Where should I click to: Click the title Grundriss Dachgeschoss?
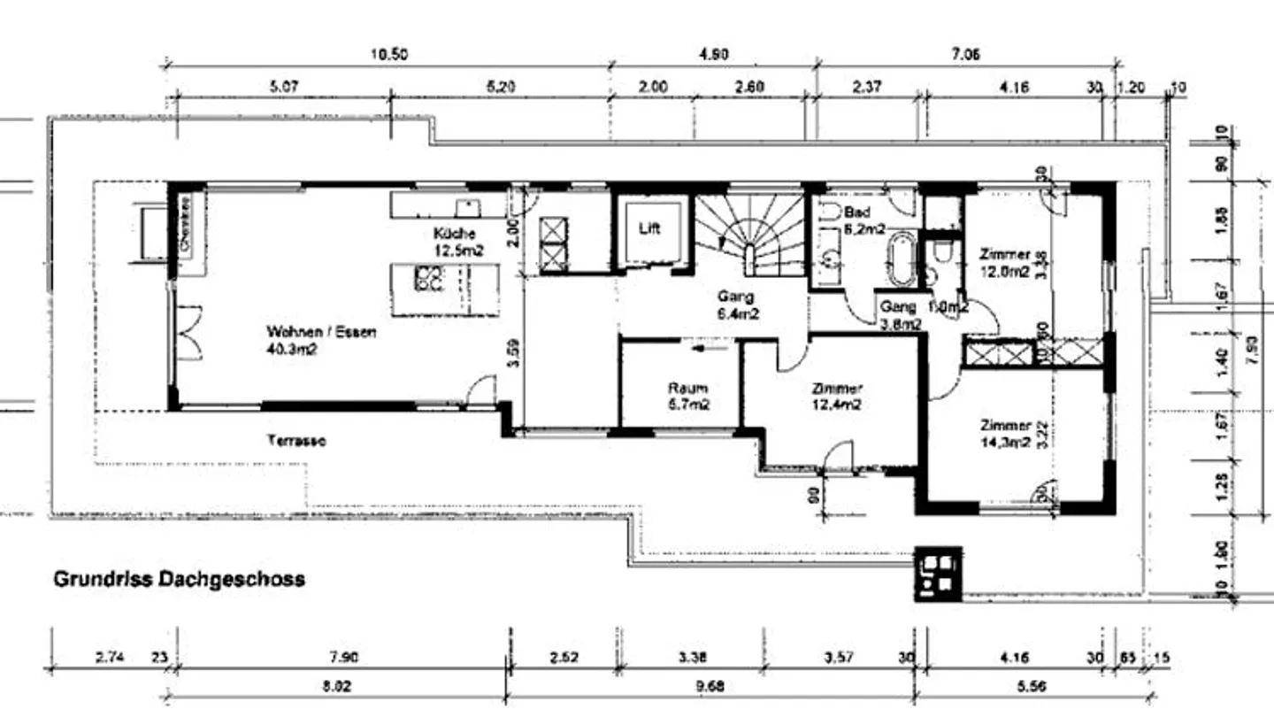(180, 580)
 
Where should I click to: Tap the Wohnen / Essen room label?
(321, 341)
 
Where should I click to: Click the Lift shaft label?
(649, 228)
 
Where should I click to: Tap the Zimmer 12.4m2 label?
(837, 397)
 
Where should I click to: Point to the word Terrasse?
(295, 440)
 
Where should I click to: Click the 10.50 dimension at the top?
(388, 55)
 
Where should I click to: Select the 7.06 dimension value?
(965, 55)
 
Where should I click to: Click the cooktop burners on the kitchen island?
(428, 281)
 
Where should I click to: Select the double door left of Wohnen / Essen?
(188, 332)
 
